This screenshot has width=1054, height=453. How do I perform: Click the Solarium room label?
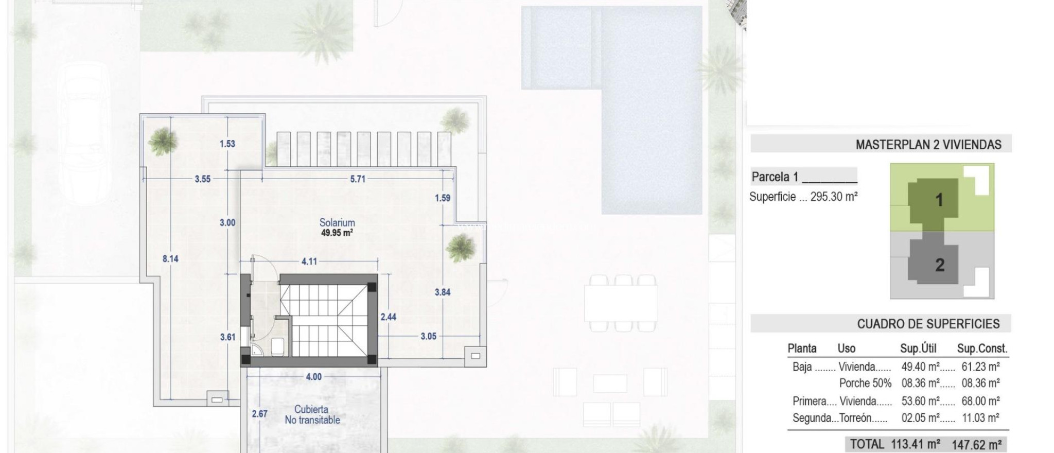[x=337, y=222]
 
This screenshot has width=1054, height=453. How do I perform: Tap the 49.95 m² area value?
[x=337, y=233]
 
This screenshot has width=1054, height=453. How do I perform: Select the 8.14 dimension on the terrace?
[x=170, y=258]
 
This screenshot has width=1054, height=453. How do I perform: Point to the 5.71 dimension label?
[x=358, y=179]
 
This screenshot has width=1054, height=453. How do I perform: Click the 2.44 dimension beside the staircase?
[x=388, y=317]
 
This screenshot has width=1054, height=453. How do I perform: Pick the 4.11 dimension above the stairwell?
[x=309, y=262]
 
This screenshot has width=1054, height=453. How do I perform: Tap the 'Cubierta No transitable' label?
[x=312, y=415]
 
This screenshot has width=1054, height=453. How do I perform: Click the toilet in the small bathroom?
[x=276, y=345]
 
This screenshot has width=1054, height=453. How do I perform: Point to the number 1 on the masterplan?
[x=939, y=200]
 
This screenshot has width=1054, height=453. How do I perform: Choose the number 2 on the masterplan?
[x=940, y=265]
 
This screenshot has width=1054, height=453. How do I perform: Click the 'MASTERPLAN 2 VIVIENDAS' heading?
[x=928, y=145]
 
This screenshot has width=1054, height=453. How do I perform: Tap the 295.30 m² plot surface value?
[x=834, y=197]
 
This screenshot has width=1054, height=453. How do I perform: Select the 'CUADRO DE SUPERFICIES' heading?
[x=928, y=324]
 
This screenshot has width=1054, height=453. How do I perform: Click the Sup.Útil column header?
[x=918, y=349]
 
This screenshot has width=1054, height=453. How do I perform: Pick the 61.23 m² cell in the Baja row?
[x=980, y=367]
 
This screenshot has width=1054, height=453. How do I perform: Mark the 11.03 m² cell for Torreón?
[x=980, y=418]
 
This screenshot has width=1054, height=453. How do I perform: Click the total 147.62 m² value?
[x=976, y=444]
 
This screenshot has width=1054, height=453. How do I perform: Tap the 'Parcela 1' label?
[x=775, y=177]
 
